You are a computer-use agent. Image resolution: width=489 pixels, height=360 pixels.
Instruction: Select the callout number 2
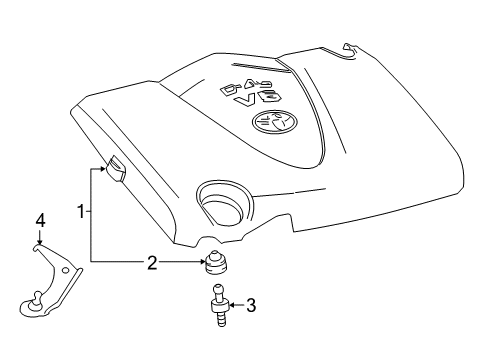tap(152, 263)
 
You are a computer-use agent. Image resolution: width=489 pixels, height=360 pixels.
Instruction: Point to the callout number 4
tap(40, 220)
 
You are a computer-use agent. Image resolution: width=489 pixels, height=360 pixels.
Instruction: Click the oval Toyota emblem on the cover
tap(268, 121)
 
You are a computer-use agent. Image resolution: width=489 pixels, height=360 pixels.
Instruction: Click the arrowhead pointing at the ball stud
tap(229, 305)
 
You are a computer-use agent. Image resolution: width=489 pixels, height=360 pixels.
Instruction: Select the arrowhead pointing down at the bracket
tap(40, 240)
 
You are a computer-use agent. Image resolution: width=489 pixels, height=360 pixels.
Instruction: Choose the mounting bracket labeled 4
tap(50, 280)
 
